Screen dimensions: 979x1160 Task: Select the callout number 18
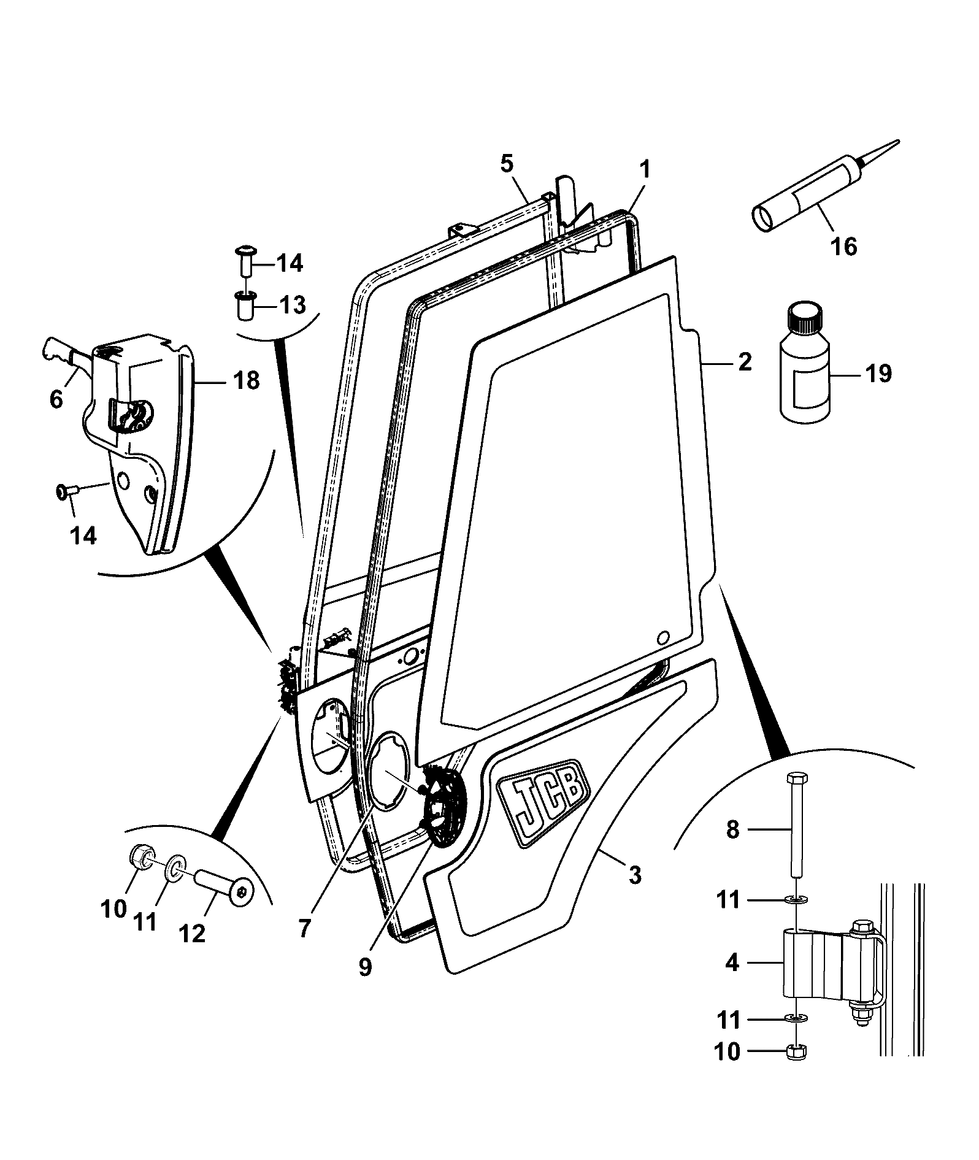coord(245,382)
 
